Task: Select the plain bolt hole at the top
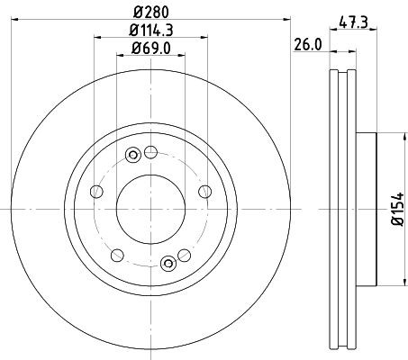pos(151,150)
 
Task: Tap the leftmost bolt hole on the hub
pos(95,191)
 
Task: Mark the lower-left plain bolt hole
pos(116,255)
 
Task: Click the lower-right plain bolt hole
pos(186,255)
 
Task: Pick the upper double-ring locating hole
pos(133,155)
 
